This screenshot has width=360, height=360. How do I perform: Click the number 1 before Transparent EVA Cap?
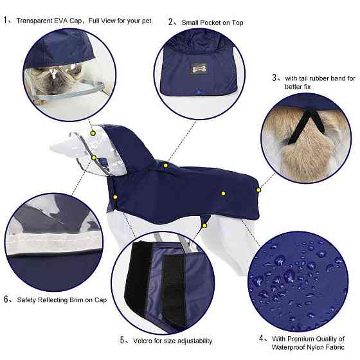tap(6, 20)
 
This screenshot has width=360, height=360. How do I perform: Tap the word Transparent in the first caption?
tap(35, 21)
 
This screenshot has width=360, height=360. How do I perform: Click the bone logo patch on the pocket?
tap(199, 68)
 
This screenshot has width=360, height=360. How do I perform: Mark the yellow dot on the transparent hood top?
tap(93, 133)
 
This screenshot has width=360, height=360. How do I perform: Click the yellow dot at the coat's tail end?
tap(258, 190)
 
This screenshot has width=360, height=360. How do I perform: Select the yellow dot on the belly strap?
tap(204, 226)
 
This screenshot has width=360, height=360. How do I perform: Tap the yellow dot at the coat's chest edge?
tap(115, 197)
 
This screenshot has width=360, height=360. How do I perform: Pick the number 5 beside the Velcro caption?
tap(122, 340)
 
